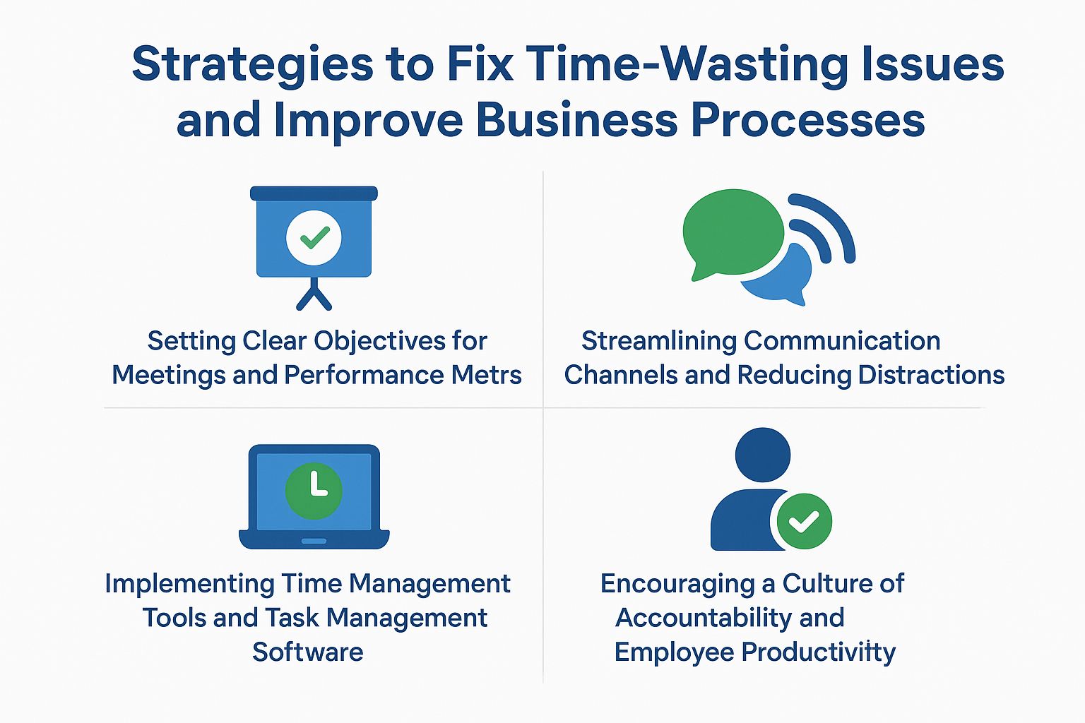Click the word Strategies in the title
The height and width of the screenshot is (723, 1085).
(x=253, y=65)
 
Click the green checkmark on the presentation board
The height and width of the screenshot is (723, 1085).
(x=314, y=237)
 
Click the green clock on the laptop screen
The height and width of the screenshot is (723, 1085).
(x=314, y=490)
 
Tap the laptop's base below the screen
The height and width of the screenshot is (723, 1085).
(x=314, y=540)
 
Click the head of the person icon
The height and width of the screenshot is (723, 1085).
(x=762, y=455)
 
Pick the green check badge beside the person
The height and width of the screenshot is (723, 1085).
(x=804, y=521)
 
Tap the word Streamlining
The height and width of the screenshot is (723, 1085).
(x=659, y=341)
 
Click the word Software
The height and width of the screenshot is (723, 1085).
(x=308, y=652)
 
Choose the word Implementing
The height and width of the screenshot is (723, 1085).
(x=189, y=584)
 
